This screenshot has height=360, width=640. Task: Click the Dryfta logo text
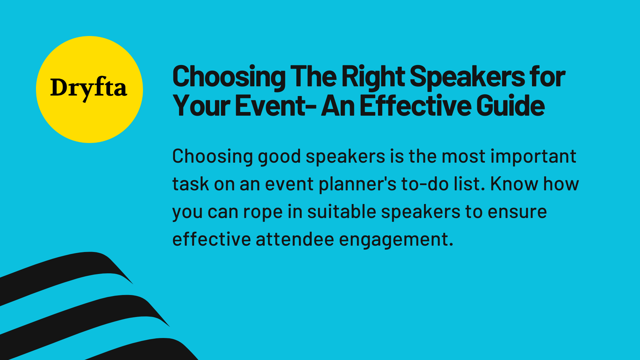[89, 88]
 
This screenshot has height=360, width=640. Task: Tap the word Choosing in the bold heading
[229, 77]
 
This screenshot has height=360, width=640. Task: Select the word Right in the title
[373, 77]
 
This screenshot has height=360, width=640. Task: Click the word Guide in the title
[510, 106]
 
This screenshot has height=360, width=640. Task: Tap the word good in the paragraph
[279, 157]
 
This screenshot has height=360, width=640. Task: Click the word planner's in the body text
[357, 184]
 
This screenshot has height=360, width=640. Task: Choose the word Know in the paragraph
[514, 184]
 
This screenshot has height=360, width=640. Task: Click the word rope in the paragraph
[263, 212]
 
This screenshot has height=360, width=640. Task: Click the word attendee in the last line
[295, 239]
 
